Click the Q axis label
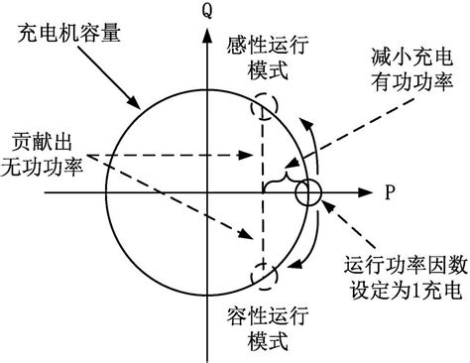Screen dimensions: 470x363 208,13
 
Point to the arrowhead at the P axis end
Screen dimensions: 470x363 370,191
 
